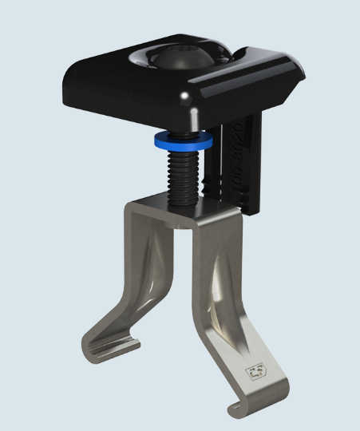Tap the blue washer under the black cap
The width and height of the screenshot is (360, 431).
[x=184, y=140]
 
